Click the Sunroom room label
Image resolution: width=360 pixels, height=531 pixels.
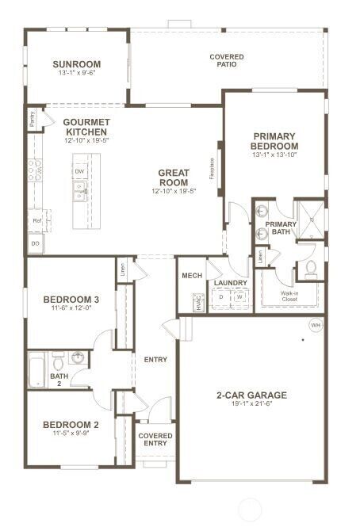pos(77,64)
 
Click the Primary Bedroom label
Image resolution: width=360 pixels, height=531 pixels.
pos(274,141)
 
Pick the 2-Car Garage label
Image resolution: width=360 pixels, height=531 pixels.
pos(251,395)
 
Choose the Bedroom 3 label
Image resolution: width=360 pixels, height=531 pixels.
pos(71,299)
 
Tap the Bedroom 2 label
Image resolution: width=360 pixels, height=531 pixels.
pos(70,424)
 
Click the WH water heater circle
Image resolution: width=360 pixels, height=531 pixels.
pos(315,325)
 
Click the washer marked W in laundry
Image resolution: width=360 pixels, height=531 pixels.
pos(239,299)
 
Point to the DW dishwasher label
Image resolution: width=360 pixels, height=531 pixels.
pos(79,171)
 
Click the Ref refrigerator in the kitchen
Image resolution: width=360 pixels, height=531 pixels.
pos(36,220)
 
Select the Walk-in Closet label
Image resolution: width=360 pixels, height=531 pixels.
pos(289,296)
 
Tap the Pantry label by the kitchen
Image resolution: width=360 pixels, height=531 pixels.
pos(32,120)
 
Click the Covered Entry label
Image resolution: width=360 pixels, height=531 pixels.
pos(155,439)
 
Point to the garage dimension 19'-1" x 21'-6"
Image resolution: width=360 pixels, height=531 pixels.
pos(251,404)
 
